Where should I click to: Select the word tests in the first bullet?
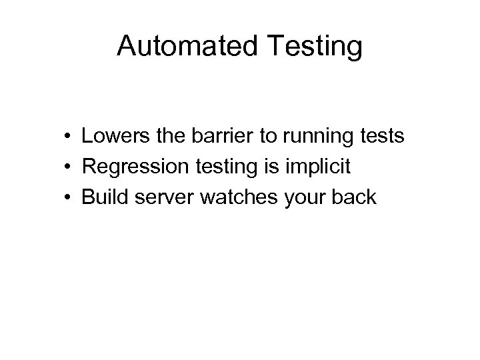381,137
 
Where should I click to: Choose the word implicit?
319,167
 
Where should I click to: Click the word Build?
101,197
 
